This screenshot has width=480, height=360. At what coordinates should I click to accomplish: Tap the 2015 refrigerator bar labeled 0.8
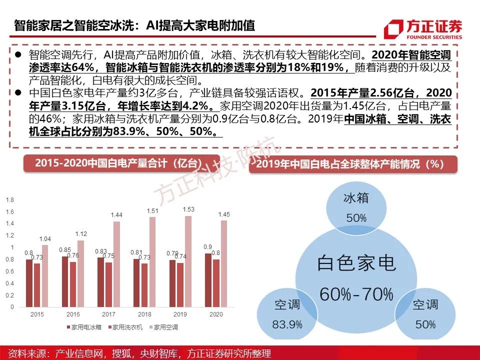(x=29, y=283)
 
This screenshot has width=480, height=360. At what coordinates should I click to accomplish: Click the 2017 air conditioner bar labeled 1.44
(x=116, y=264)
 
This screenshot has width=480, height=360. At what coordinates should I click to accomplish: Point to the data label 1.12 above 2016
(x=80, y=234)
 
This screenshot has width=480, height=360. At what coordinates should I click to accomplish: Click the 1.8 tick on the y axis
(x=9, y=200)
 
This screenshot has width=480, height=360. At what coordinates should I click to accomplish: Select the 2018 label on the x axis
(x=144, y=314)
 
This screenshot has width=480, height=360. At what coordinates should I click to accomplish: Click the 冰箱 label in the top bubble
(x=356, y=198)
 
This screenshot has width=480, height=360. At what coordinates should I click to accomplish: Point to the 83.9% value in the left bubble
(x=287, y=324)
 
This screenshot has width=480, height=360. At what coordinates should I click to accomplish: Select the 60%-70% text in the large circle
(x=356, y=293)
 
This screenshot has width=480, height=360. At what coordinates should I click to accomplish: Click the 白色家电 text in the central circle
(x=356, y=262)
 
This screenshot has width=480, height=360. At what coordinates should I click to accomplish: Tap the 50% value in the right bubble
(x=425, y=324)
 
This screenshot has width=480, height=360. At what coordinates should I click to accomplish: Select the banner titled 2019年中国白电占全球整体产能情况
(x=353, y=164)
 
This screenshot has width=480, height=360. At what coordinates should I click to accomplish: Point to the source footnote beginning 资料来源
(x=140, y=353)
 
